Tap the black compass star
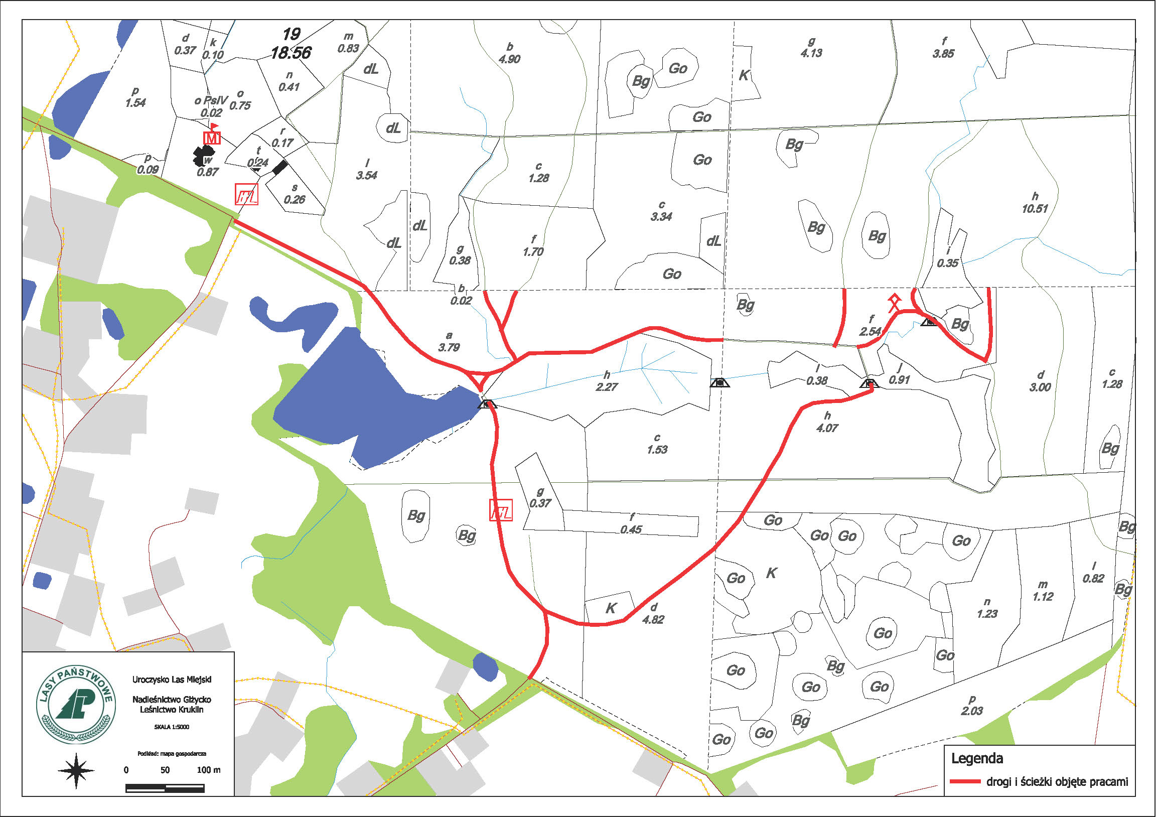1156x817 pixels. pos(76,770)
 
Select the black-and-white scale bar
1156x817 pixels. pos(165,788)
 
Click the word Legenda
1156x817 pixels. pos(977,759)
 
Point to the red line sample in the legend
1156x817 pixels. pos(965,782)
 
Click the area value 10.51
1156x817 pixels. pos(1035,209)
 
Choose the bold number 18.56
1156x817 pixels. pos(291,52)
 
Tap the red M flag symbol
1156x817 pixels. pos(212,135)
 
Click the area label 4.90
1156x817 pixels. pos(510,59)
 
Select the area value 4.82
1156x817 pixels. pos(653,620)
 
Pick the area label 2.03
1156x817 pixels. pos(972,711)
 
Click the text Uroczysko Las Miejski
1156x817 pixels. pos(172,679)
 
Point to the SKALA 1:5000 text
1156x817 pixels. pos(172,727)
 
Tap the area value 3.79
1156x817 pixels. pos(449,348)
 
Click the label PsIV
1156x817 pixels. pos(216,100)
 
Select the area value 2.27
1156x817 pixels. pos(607,387)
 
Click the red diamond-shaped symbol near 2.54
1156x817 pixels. pos(894,303)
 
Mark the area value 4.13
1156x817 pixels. pos(811,53)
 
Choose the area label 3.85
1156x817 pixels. pos(943,54)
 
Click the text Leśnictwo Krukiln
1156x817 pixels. pos(172,710)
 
